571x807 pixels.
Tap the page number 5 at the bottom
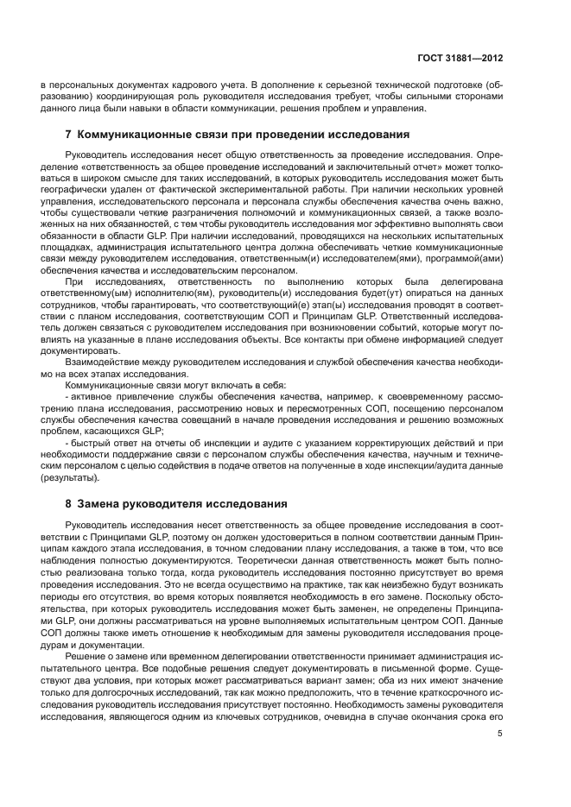click(500, 734)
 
